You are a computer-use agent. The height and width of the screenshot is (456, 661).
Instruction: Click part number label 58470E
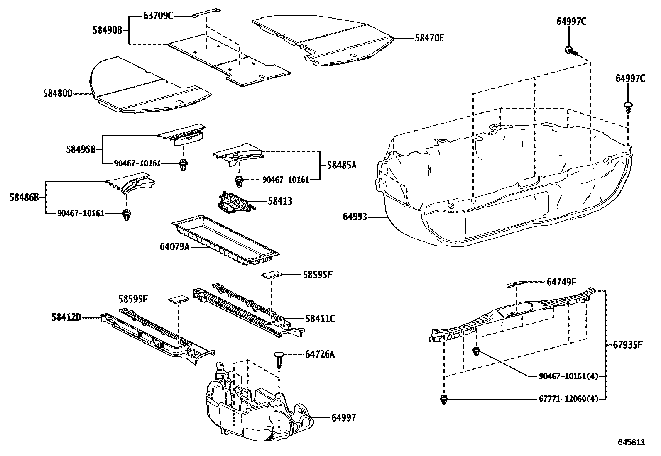(x=429, y=38)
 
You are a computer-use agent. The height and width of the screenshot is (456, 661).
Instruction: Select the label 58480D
(x=57, y=94)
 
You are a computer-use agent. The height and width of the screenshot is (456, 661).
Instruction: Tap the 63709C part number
(x=158, y=16)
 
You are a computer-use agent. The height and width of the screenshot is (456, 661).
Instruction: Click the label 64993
(x=355, y=217)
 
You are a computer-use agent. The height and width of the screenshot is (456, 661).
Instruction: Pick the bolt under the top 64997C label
(x=571, y=51)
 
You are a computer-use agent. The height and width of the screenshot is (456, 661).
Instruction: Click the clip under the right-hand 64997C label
(x=628, y=107)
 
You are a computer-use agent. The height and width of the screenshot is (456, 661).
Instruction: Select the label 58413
(x=280, y=201)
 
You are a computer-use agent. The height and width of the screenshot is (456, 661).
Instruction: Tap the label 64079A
(x=174, y=247)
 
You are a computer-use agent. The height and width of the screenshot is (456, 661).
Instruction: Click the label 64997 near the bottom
(x=343, y=418)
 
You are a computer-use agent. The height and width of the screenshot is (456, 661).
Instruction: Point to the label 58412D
(x=66, y=318)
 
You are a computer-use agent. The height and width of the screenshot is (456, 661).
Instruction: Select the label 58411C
(x=320, y=319)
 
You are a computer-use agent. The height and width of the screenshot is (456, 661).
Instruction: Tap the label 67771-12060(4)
(x=568, y=399)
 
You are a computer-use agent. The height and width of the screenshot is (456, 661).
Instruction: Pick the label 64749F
(x=561, y=282)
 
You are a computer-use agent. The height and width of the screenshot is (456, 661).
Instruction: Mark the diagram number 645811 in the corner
(x=632, y=442)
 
